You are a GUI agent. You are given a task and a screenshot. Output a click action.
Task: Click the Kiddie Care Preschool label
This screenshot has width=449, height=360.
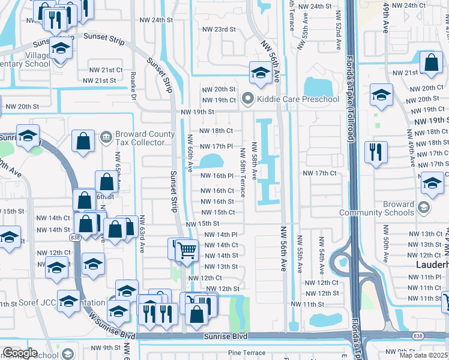298,99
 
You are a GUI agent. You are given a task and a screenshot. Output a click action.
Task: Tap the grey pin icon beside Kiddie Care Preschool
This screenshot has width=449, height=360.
247,98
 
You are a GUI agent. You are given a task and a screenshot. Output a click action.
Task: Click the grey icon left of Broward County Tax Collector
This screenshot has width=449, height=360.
106,135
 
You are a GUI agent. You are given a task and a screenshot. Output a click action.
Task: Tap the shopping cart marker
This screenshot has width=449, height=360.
187,250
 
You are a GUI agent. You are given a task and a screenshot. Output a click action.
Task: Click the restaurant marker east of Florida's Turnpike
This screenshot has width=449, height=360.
376,152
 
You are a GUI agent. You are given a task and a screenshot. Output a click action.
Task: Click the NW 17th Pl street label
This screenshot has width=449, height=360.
215,146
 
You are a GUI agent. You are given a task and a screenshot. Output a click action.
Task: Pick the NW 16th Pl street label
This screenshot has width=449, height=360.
215,176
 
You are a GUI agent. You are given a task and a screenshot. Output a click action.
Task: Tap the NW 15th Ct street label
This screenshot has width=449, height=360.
218,212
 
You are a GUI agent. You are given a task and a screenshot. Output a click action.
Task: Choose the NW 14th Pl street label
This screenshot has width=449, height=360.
221,235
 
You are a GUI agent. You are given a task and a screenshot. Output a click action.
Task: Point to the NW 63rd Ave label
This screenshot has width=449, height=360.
142,235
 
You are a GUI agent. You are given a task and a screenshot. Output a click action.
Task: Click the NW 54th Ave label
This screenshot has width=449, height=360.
322,252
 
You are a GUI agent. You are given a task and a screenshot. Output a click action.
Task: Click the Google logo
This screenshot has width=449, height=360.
20,353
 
